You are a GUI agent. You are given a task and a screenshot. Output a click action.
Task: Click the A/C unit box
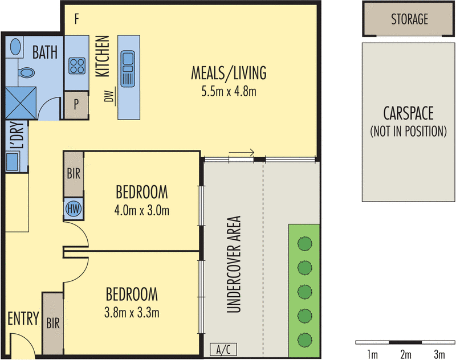[223, 349]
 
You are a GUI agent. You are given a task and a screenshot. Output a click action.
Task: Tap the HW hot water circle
[74, 208]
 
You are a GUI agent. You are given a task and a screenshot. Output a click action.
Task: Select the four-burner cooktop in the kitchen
[77, 66]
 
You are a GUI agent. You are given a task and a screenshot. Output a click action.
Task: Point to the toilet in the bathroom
[26, 73]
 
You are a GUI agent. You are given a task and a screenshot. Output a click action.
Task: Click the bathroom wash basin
[15, 46]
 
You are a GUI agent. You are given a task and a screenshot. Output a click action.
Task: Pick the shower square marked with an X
[21, 103]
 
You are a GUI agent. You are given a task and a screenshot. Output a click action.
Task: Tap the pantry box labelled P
[76, 105]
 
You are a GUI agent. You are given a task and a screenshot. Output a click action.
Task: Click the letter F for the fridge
[76, 19]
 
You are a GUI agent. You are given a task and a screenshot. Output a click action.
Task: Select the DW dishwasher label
[109, 96]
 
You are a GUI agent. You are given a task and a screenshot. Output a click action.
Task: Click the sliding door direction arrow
[241, 152]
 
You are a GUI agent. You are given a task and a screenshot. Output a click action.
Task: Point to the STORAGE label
[409, 19]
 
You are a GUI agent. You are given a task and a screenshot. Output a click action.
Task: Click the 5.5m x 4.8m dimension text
[229, 92]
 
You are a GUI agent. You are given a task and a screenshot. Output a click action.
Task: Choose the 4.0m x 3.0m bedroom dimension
[141, 210]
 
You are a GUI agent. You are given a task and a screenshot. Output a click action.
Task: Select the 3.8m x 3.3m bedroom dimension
[132, 313]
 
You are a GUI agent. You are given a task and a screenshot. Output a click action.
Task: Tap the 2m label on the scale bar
[406, 354]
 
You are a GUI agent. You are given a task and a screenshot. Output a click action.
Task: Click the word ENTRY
[23, 318]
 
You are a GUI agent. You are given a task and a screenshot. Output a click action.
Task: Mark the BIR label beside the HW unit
[74, 174]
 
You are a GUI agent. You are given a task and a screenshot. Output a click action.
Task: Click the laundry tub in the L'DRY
[13, 161]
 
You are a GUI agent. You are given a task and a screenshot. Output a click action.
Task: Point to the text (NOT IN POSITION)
[408, 132]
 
